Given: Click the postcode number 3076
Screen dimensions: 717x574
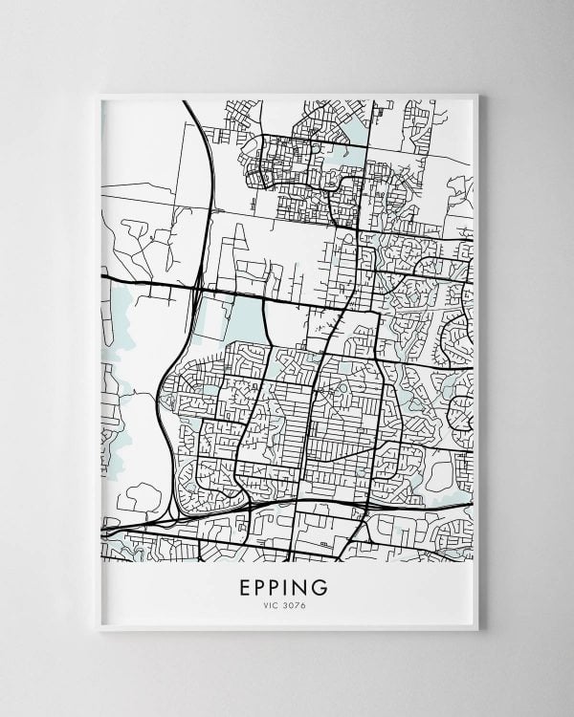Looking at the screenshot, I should click(295, 605).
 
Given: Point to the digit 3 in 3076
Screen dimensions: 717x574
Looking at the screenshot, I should click(287, 605).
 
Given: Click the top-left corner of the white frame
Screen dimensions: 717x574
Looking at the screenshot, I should click(98, 94).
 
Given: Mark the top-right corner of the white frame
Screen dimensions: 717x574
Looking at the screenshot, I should click(476, 94).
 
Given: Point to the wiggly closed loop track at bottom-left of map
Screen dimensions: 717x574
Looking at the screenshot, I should click(143, 497).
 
